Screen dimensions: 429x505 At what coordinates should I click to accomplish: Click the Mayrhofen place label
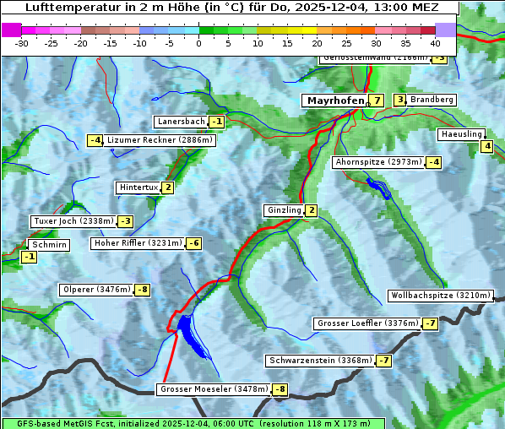[334, 100]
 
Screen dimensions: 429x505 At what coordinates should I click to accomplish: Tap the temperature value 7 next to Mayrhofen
[377, 100]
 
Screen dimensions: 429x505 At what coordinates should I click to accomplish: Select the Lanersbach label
[181, 122]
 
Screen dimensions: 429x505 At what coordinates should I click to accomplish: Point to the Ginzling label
[284, 210]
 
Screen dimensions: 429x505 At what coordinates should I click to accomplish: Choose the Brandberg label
[432, 100]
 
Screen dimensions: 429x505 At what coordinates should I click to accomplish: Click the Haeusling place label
[460, 134]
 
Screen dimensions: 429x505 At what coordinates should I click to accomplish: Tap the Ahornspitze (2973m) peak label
[378, 161]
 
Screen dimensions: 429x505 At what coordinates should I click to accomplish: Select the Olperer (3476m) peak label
[96, 290]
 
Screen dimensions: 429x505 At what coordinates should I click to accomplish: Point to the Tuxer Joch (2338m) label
[73, 221]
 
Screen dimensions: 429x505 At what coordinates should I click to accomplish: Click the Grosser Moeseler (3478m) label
[214, 389]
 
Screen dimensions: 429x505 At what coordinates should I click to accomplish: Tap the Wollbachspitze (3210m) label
[439, 296]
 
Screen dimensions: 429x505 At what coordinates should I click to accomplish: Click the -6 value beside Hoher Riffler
[194, 243]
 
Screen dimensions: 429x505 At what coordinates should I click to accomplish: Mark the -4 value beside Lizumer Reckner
[95, 140]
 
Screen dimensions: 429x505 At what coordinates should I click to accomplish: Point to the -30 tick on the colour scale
[22, 42]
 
